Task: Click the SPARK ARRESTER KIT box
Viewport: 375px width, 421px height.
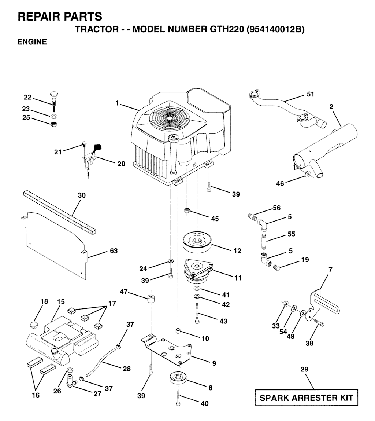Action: pyautogui.click(x=306, y=398)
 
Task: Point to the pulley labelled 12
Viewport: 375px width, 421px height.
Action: pyautogui.click(x=198, y=242)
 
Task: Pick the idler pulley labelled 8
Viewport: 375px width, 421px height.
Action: pyautogui.click(x=178, y=378)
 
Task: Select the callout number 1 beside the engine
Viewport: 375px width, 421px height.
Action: pyautogui.click(x=118, y=103)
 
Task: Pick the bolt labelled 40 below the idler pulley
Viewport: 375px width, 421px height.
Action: pyautogui.click(x=178, y=397)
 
